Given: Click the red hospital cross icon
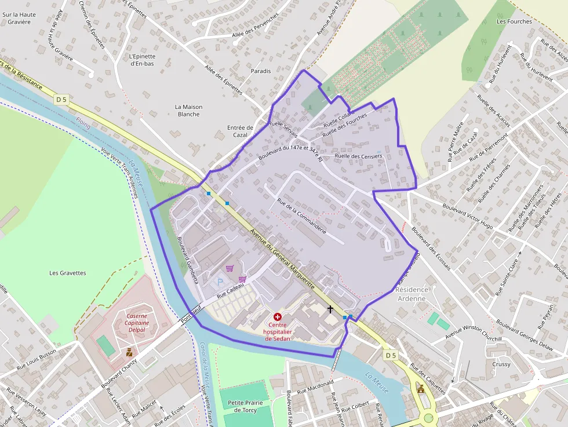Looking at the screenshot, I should (x=277, y=316).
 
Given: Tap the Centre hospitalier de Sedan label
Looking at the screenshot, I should (x=277, y=332).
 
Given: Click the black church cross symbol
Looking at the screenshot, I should (x=330, y=309).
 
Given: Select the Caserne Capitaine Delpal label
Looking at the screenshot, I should (x=137, y=323).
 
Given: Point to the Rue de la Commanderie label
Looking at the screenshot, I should (x=301, y=216).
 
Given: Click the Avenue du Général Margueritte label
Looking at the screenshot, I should (x=282, y=259).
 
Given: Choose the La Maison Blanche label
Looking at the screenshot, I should (x=188, y=111).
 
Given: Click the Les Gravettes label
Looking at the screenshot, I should (x=68, y=273).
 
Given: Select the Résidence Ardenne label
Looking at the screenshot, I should (x=412, y=294).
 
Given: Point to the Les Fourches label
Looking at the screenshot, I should (x=514, y=21).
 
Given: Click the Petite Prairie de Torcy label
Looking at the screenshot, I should (x=245, y=406).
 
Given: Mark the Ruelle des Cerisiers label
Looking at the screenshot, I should (x=358, y=156).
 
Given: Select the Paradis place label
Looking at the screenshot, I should (x=261, y=71).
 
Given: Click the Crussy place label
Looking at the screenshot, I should (x=501, y=364).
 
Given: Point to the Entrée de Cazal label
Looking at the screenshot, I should (x=240, y=131).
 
